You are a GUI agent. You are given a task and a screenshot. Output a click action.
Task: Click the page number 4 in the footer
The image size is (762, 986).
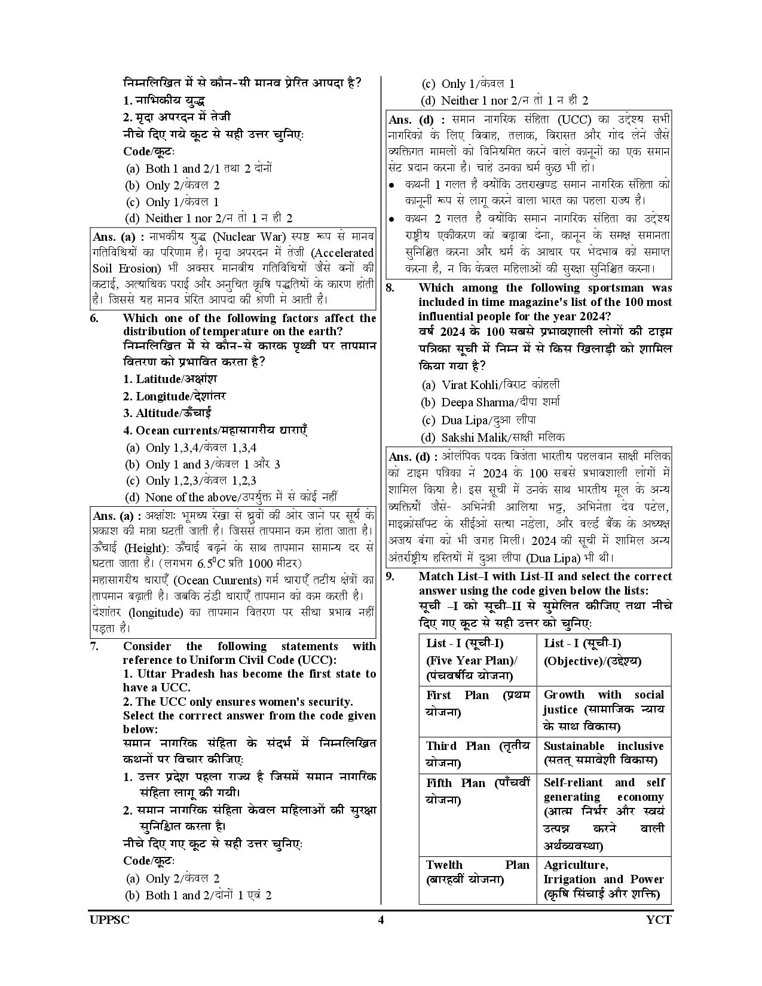pyautogui.click(x=381, y=920)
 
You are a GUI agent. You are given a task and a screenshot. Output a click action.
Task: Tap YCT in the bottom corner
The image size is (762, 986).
pyautogui.click(x=659, y=920)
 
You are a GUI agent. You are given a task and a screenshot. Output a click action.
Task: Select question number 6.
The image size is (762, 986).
pyautogui.click(x=94, y=318)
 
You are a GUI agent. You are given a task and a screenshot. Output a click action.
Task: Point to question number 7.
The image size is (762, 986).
pyautogui.click(x=94, y=646)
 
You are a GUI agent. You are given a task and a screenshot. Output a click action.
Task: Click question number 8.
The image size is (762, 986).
pyautogui.click(x=390, y=288)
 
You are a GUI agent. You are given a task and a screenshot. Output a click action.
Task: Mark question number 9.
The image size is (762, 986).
pyautogui.click(x=390, y=577)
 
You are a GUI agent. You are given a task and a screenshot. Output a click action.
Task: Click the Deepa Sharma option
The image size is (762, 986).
pyautogui.click(x=491, y=402)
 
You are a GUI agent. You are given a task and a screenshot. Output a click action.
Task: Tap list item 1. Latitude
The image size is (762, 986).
pyautogui.click(x=170, y=379)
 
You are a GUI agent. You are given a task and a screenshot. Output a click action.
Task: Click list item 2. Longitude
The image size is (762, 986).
pyautogui.click(x=175, y=396)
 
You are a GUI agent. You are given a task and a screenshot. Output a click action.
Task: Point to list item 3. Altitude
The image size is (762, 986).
pyautogui.click(x=167, y=413)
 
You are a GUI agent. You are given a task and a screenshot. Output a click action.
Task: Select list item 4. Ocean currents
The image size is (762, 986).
pyautogui.click(x=215, y=430)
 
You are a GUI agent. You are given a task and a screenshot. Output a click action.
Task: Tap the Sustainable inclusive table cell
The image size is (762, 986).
pyautogui.click(x=603, y=754)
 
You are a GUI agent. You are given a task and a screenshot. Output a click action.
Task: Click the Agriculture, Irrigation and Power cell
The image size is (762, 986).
pyautogui.click(x=603, y=880)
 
